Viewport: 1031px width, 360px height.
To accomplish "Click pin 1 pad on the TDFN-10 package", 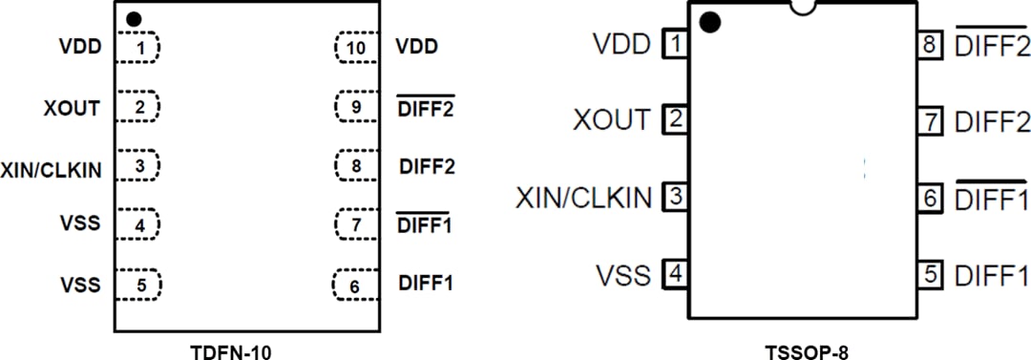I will tap(138, 47).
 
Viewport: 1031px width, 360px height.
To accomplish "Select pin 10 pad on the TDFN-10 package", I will tap(355, 47).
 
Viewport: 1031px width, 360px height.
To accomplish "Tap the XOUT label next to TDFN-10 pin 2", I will tap(72, 108).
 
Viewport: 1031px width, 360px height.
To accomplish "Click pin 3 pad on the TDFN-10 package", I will tap(138, 166).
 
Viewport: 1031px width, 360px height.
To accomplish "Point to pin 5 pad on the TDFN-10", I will tap(138, 284).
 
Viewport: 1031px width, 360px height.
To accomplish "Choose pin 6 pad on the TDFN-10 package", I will tap(355, 284).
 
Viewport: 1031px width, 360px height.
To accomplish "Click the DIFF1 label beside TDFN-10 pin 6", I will tap(426, 284).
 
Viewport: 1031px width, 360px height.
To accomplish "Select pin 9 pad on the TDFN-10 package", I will tap(355, 107).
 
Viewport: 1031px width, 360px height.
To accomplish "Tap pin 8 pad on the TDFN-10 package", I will tap(355, 166).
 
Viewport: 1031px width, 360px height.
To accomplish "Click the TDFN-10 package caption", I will tap(233, 350).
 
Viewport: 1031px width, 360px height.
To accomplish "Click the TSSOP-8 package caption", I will tap(806, 351).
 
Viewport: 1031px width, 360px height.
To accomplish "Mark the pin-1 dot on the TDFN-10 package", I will tap(134, 18).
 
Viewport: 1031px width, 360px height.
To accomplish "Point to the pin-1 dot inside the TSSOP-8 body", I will tap(709, 23).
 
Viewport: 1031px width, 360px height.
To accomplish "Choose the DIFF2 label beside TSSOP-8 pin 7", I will tap(992, 122).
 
